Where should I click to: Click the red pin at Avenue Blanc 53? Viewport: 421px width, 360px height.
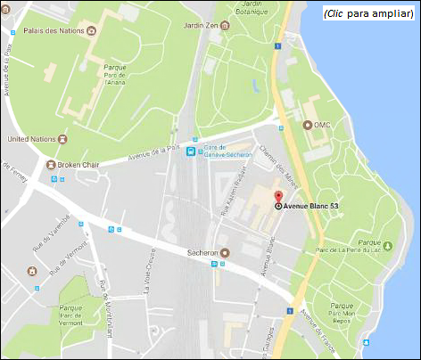277,198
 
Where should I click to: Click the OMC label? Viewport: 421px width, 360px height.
322,125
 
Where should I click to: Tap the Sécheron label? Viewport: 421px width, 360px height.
200,252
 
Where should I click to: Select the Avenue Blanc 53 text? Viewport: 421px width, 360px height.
312,207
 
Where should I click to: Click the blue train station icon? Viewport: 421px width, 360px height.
189,151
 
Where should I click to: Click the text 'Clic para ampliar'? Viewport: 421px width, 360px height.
368,13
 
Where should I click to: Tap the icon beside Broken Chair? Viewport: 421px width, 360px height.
50,165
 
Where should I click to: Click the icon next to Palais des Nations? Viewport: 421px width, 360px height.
93,30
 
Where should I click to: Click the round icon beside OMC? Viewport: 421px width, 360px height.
308,125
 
